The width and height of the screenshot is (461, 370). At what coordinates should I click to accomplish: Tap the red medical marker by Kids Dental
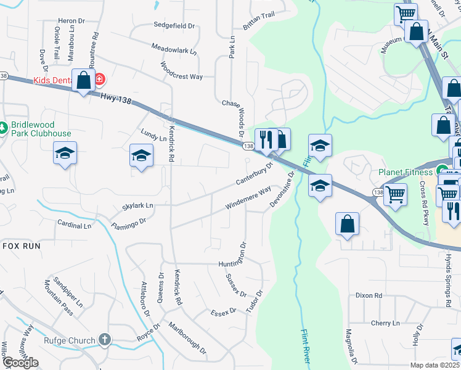(x=100, y=80)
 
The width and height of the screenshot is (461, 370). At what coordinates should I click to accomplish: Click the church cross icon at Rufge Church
(x=105, y=339)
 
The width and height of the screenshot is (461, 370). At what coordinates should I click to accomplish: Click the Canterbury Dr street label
(x=254, y=175)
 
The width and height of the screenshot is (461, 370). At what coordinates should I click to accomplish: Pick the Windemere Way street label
(x=249, y=199)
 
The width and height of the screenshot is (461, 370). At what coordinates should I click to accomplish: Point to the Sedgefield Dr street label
(x=174, y=27)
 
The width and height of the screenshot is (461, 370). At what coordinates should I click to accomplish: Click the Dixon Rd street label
(x=369, y=295)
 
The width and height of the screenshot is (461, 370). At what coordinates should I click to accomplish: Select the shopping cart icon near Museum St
(x=406, y=14)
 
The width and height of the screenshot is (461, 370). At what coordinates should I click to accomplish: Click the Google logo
(x=20, y=363)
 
